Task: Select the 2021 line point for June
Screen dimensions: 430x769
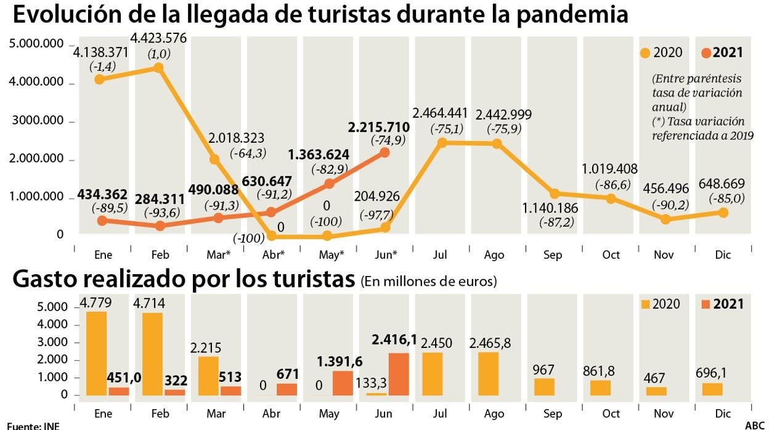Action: click(384, 152)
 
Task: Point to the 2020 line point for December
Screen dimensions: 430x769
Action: click(723, 213)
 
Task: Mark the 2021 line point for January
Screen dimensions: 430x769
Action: click(102, 221)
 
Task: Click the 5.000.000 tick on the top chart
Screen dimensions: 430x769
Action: click(37, 44)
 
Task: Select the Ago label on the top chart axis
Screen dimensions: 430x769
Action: click(494, 255)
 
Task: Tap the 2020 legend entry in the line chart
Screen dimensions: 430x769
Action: click(661, 52)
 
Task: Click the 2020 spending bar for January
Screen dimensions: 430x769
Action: click(96, 353)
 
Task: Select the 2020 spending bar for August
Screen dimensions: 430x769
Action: click(487, 373)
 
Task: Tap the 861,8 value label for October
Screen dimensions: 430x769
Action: click(601, 371)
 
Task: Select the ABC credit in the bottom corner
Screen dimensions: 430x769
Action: click(754, 425)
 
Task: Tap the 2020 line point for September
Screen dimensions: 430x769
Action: click(554, 193)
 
